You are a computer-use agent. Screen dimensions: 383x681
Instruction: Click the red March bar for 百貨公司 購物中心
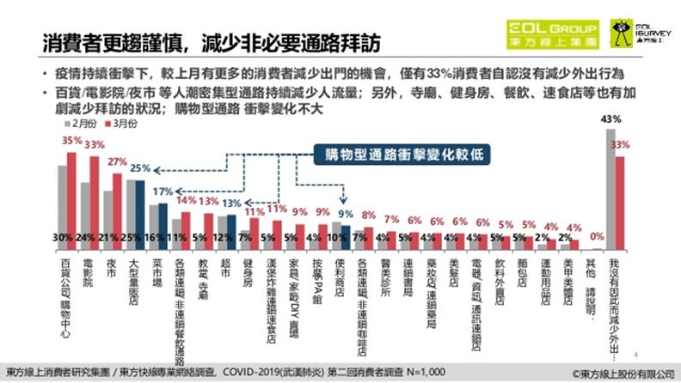tap(72, 197)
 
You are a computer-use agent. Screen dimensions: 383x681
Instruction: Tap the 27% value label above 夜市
tap(116, 161)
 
